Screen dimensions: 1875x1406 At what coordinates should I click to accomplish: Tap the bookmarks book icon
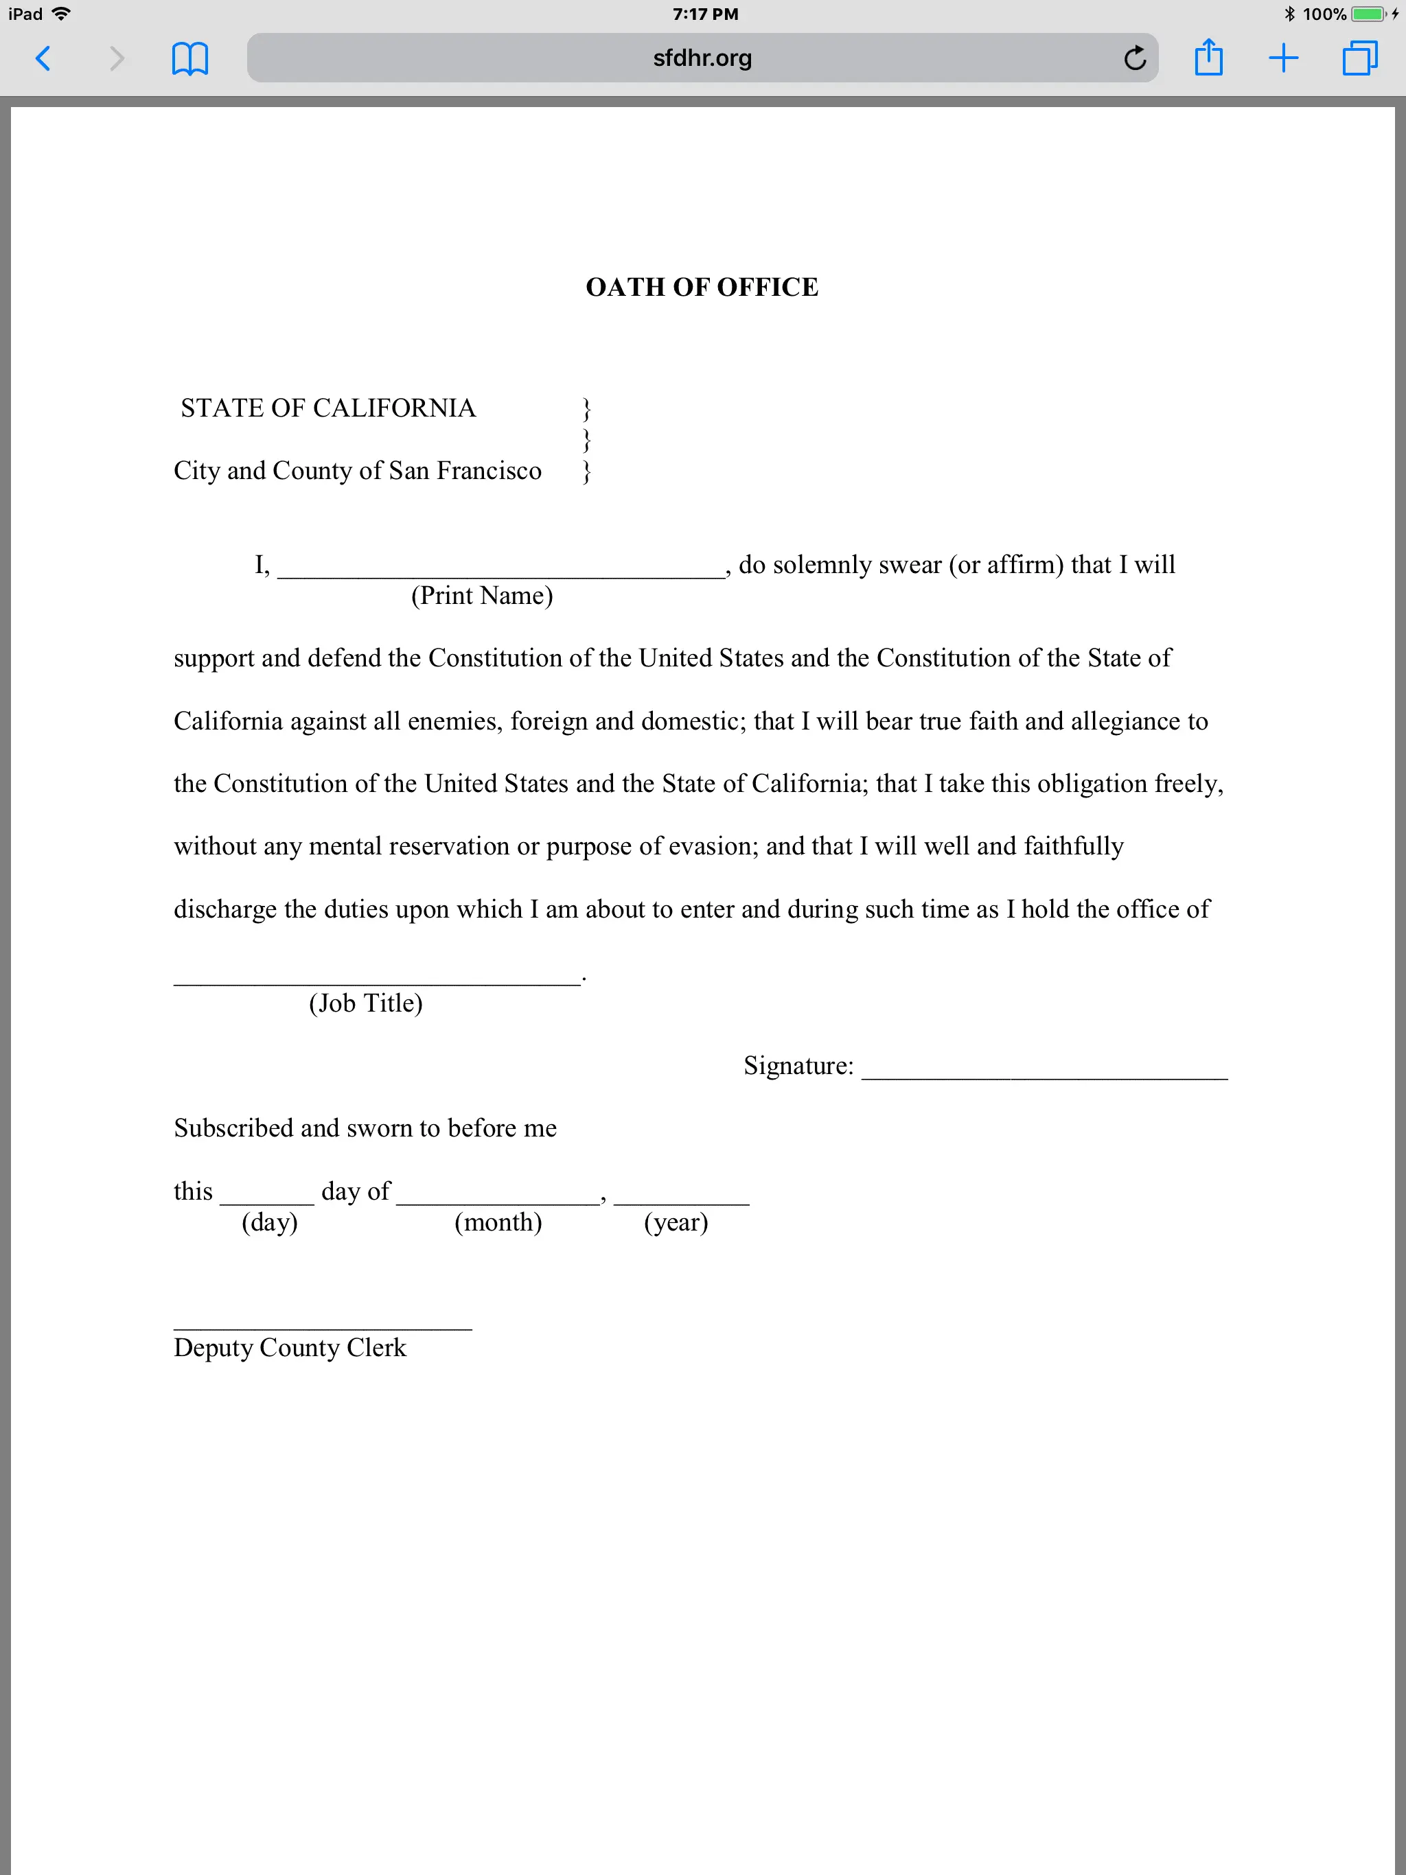coord(190,58)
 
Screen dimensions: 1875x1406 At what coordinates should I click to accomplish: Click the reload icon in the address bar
coord(1135,58)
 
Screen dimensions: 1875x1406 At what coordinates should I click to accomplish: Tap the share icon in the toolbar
coord(1208,58)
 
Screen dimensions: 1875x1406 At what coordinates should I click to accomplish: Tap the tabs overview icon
coord(1359,58)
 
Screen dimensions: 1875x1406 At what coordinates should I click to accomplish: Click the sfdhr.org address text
coord(702,58)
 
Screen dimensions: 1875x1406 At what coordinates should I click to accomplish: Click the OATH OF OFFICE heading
coord(702,288)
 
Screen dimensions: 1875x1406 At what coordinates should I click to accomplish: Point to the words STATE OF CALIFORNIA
coord(328,408)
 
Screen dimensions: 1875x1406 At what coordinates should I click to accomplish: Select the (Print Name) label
coord(482,596)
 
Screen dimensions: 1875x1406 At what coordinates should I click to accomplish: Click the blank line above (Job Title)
coord(378,978)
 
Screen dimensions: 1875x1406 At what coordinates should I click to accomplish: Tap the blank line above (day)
coord(267,1198)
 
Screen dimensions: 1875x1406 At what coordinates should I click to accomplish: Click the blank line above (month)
coord(498,1198)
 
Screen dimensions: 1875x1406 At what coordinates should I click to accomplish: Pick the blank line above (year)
coord(681,1198)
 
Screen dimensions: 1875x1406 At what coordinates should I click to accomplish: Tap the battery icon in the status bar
coord(1367,14)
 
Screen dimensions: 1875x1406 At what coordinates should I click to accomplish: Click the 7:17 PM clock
coord(704,14)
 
